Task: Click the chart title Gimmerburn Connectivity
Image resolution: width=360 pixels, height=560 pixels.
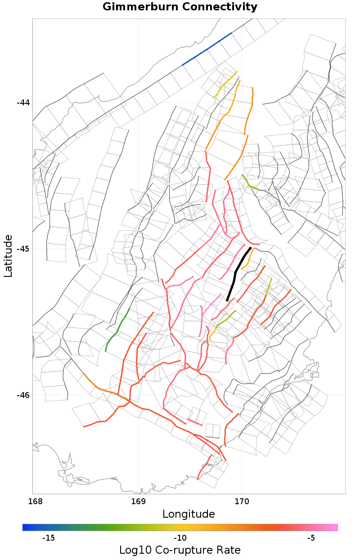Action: (180, 7)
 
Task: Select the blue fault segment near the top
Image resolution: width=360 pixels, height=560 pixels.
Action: (207, 49)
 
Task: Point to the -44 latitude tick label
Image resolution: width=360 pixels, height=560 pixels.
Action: (23, 103)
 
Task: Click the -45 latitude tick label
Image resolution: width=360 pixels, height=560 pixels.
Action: (23, 249)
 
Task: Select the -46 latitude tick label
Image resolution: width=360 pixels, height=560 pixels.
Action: (23, 395)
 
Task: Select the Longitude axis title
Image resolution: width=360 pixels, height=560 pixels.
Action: (189, 514)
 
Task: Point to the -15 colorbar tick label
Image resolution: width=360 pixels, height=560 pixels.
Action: (48, 538)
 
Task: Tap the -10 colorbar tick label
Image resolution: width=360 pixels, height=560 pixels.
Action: (180, 538)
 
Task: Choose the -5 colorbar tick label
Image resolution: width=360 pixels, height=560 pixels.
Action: (311, 538)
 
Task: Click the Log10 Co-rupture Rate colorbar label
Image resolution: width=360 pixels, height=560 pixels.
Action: (180, 550)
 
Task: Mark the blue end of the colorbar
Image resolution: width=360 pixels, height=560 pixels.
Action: (25, 527)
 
